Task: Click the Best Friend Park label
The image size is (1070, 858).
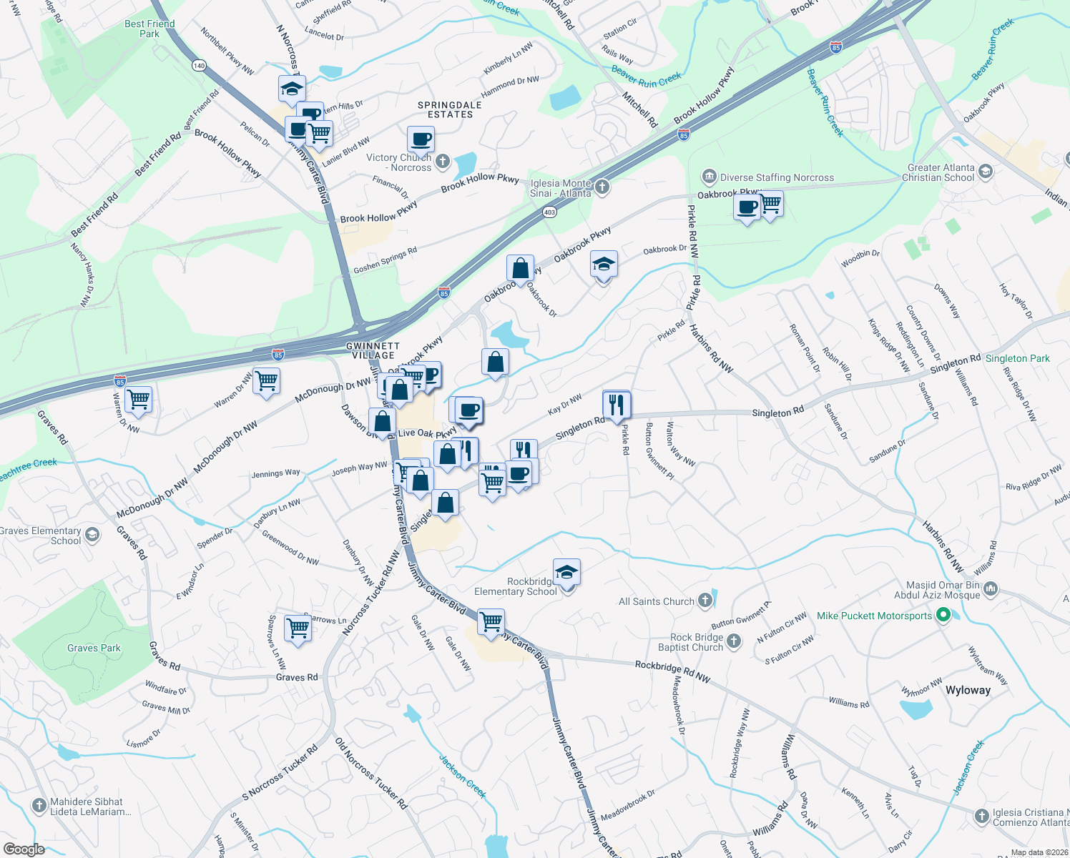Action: [x=149, y=29]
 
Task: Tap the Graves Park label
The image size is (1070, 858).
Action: [x=94, y=648]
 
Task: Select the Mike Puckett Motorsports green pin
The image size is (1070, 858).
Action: [x=943, y=615]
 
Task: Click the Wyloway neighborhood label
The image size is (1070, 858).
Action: [x=968, y=690]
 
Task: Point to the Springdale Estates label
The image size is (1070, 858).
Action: [x=450, y=109]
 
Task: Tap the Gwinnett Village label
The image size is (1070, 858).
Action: [x=373, y=350]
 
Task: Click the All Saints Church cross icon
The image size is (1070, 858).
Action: [x=705, y=601]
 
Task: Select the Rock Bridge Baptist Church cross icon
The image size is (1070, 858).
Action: [x=734, y=641]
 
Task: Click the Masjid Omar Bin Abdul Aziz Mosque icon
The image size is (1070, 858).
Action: [x=991, y=589]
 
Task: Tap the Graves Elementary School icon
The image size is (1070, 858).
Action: [x=92, y=535]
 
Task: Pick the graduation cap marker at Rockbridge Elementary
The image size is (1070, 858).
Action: [x=566, y=573]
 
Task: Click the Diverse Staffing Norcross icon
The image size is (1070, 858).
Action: [x=709, y=177]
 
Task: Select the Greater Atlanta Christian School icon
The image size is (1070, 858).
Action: [x=986, y=172]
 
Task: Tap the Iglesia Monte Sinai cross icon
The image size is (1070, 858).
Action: [x=602, y=187]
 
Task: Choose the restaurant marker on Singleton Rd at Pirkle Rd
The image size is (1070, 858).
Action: [x=616, y=405]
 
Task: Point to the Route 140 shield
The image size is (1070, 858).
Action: [x=199, y=65]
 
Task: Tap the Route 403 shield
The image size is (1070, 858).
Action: [x=549, y=212]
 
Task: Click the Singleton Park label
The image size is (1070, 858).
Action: [x=1017, y=358]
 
